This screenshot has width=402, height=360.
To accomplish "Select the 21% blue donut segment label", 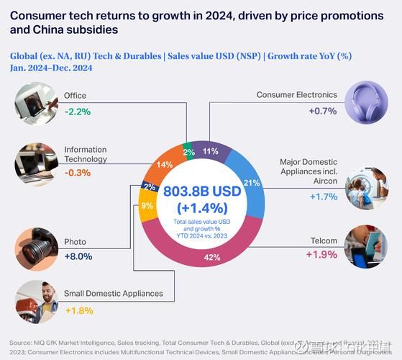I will [252, 182].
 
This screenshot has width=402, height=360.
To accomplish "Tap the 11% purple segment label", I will [211, 151].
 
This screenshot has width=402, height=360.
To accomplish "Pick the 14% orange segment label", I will [164, 165].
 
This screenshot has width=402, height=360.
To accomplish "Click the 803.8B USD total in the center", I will [201, 192].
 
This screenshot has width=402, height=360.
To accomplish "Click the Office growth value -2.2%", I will [77, 111].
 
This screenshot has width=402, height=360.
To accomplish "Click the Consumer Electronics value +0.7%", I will [322, 111].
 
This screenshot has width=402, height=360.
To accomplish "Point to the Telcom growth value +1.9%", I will [321, 254].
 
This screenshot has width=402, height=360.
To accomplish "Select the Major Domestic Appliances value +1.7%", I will [322, 196].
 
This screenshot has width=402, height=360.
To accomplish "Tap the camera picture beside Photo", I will [36, 248].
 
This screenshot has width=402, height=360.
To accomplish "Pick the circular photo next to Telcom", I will [366, 246].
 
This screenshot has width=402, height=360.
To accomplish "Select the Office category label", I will [75, 95].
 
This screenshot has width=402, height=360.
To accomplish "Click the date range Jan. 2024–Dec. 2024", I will [52, 68].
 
